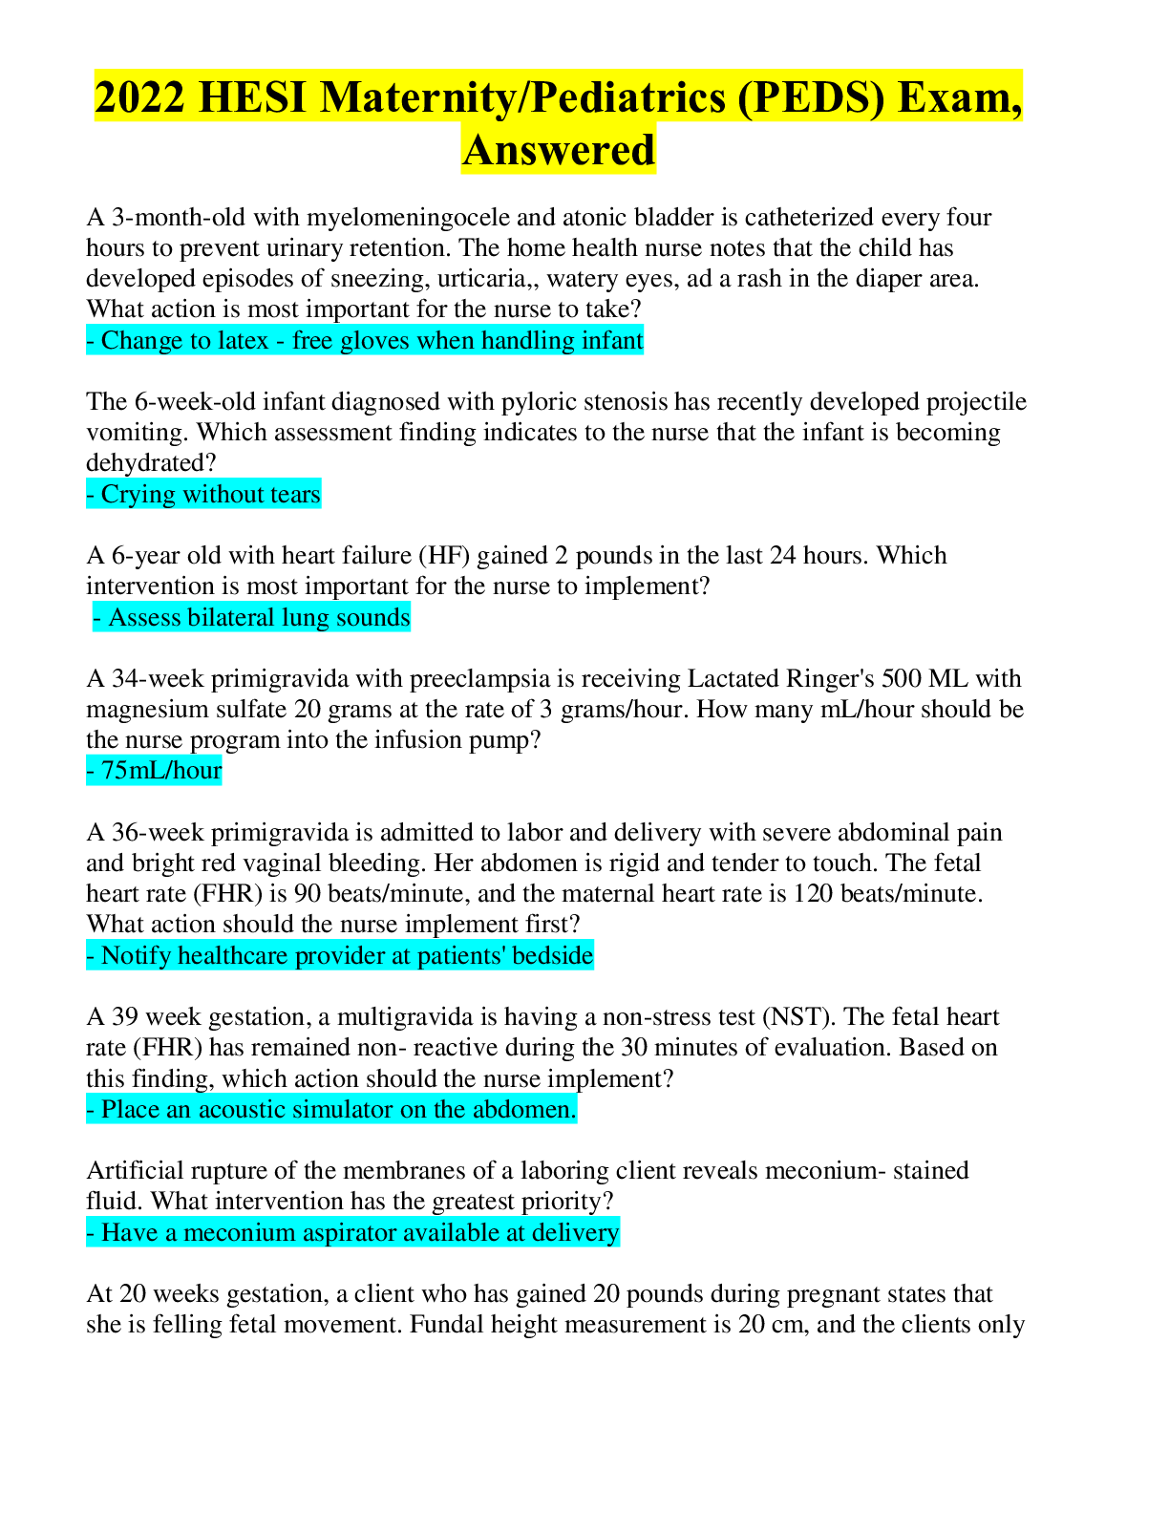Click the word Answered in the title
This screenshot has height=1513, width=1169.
[x=559, y=150]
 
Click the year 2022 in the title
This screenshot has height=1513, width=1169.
[x=139, y=97]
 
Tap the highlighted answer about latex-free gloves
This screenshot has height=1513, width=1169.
[x=365, y=341]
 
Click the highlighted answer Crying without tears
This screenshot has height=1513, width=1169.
[x=203, y=495]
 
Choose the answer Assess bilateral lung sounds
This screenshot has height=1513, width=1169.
[x=252, y=618]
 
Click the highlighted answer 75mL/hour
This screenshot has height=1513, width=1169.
[x=155, y=771]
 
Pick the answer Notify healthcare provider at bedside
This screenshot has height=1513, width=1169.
[x=340, y=956]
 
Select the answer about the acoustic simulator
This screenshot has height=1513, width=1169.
[x=331, y=1110]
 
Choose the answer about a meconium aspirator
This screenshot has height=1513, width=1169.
[x=352, y=1233]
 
